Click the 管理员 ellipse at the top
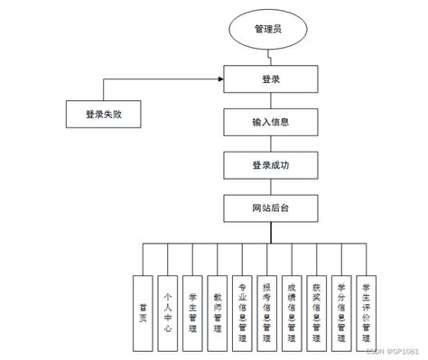tap(270, 29)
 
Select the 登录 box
tap(270, 78)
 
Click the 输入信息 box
tap(270, 122)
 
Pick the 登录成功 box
tap(270, 165)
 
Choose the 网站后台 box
tap(270, 208)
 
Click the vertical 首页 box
tap(143, 307)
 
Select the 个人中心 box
tap(167, 307)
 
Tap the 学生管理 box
tap(191, 307)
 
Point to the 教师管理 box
tap(217, 307)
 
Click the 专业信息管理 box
tap(241, 307)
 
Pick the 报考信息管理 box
tap(265, 307)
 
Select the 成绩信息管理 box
tap(291, 307)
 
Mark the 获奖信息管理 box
tap(315, 307)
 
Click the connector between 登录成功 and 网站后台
tap(270, 187)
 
